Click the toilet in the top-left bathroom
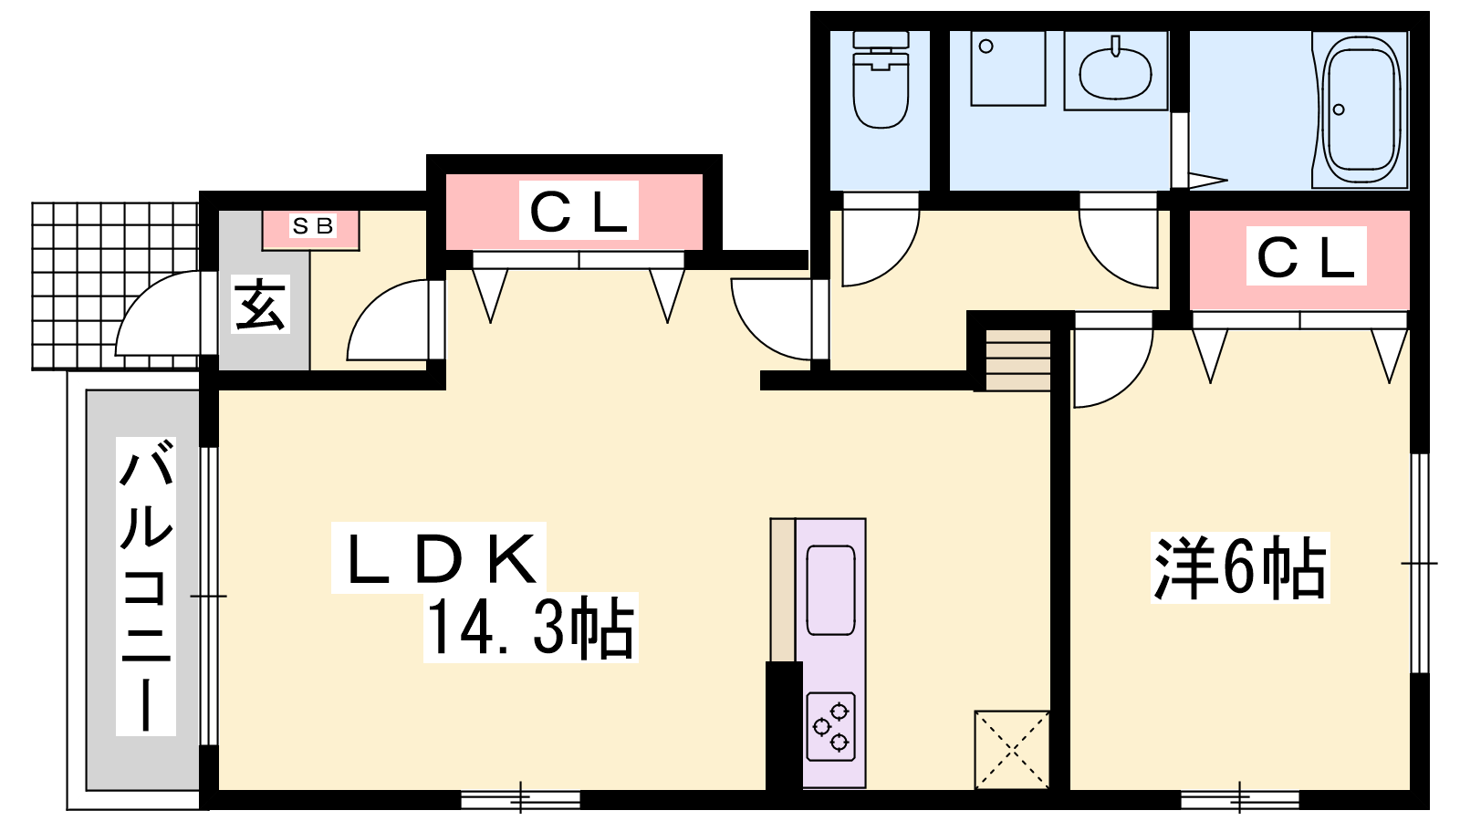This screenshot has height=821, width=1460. pos(881,78)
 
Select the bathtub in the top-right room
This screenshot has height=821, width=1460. pos(1360,110)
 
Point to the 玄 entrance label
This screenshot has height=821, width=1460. pos(260,305)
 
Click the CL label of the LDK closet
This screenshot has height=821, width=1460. pos(579,210)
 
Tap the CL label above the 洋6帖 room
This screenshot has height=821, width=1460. pos(1306,255)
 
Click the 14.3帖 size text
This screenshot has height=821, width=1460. pos(530,628)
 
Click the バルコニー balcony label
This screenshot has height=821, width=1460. pos(145,587)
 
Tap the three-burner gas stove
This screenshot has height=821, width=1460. pos(831,726)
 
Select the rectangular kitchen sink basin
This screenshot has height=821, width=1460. pos(831,589)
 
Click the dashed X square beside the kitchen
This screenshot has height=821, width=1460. pos(1012,750)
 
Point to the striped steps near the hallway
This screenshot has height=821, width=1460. pos(1017,361)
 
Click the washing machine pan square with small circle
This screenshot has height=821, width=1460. pos(1008,68)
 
